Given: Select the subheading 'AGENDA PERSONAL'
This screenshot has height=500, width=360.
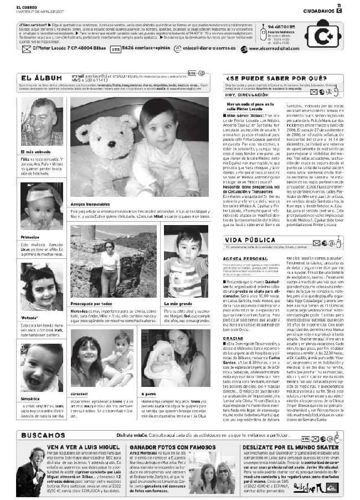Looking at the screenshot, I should [243, 259].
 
